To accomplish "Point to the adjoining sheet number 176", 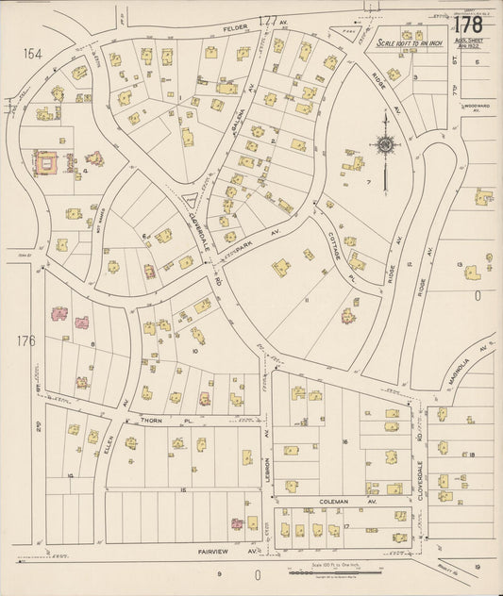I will coord(25,339).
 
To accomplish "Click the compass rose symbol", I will coord(385,144).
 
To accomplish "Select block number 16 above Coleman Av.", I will coord(346,441).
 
